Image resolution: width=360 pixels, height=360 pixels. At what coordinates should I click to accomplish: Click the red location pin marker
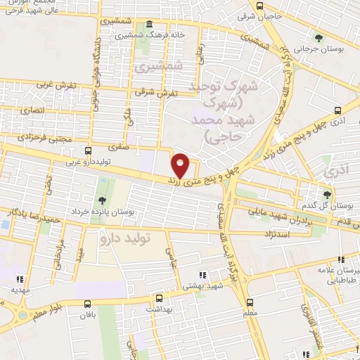[x=181, y=165]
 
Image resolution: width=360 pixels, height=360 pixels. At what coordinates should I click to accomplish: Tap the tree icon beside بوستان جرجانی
[x=320, y=38]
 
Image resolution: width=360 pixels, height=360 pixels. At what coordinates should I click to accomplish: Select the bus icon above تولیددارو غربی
[x=88, y=150]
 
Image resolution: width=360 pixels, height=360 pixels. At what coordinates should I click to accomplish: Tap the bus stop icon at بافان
[x=88, y=304]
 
